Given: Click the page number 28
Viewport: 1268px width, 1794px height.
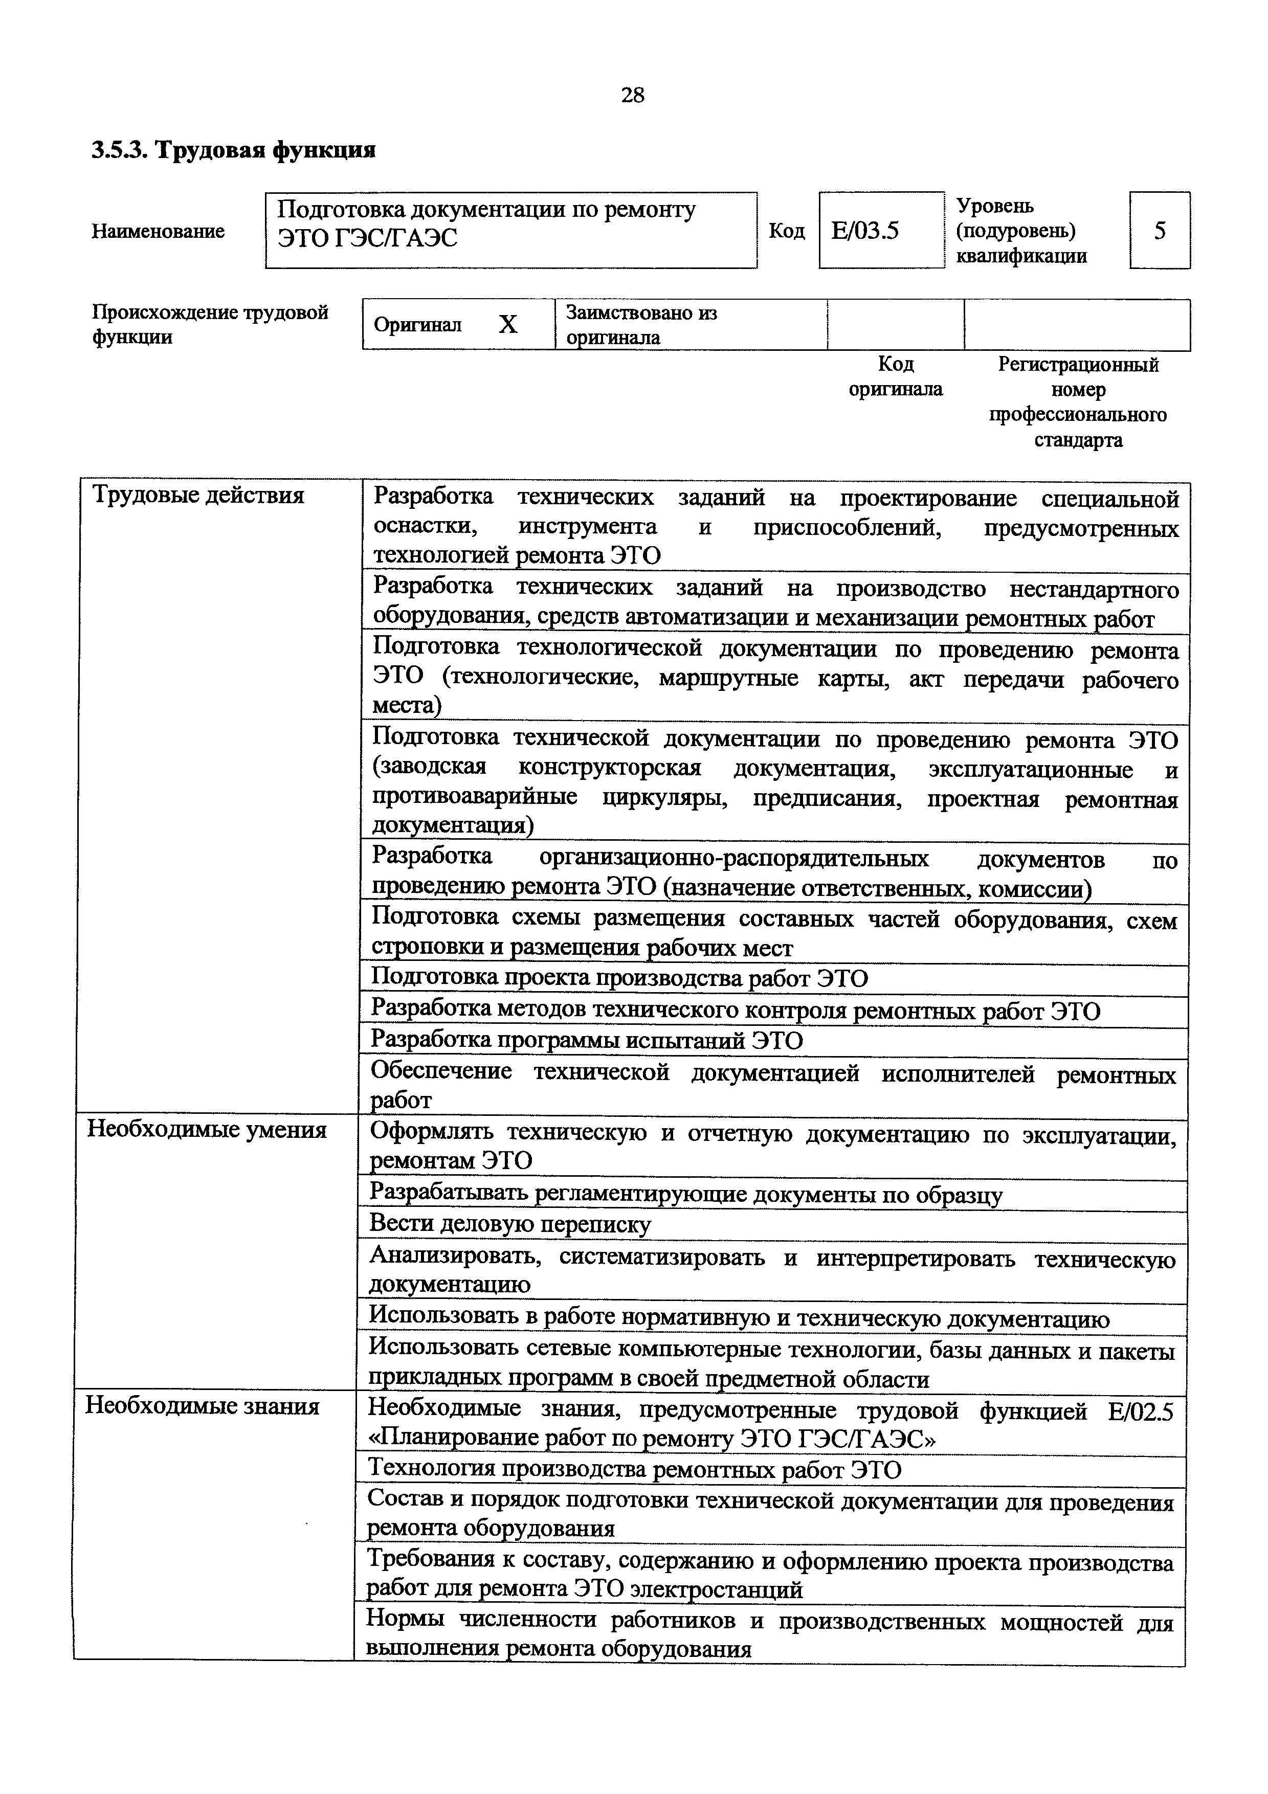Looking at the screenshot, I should [632, 95].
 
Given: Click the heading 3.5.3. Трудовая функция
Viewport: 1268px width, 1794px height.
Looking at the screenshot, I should [234, 150].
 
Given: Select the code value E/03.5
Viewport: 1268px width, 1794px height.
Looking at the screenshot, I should [865, 231].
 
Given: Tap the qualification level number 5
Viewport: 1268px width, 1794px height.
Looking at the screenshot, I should [1160, 231].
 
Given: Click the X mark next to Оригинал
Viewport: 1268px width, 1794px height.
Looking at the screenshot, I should [508, 324].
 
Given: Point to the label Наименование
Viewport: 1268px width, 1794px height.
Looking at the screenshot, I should [158, 231].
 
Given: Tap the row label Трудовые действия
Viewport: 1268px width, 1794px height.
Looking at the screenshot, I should [198, 496].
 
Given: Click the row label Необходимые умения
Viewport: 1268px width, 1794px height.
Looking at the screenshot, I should [206, 1130].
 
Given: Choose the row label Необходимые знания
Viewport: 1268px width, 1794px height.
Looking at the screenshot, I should [203, 1406].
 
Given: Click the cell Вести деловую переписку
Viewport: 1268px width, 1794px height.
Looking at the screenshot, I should [509, 1224].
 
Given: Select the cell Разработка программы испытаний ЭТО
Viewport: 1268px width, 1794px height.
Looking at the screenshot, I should [586, 1041].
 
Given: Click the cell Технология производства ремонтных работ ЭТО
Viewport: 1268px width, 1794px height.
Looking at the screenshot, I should [634, 1470].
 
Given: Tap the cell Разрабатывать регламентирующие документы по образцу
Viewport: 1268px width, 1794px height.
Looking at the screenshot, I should [685, 1194].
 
